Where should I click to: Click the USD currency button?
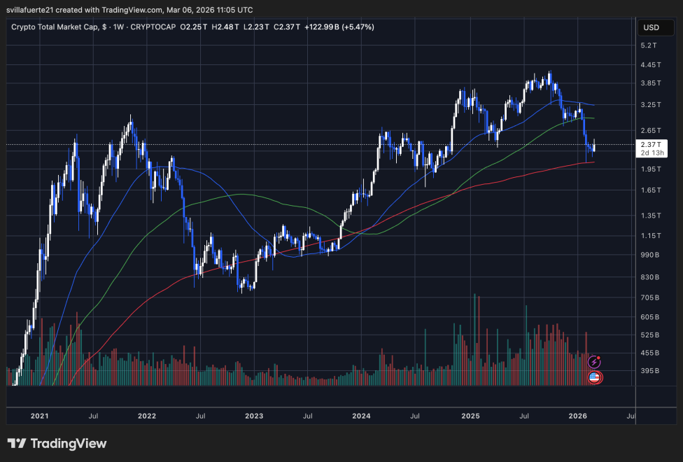click(651, 28)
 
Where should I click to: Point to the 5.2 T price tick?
click(650, 45)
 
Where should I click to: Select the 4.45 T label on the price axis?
click(652, 64)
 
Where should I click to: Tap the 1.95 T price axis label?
click(652, 169)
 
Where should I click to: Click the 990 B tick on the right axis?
click(652, 256)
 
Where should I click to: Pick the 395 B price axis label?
click(652, 370)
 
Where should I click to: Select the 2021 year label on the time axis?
click(40, 416)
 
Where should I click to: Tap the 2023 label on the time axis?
click(254, 416)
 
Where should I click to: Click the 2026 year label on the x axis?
click(578, 416)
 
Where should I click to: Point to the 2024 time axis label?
click(362, 416)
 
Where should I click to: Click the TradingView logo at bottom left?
click(57, 444)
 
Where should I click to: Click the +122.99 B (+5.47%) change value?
click(339, 27)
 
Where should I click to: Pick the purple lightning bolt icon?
click(594, 362)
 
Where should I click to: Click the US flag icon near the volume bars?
click(594, 377)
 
